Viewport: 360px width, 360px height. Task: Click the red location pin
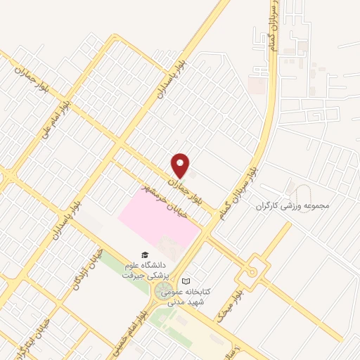181,165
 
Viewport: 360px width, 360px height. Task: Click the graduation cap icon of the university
144,255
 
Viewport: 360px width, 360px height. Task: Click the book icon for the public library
186,281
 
